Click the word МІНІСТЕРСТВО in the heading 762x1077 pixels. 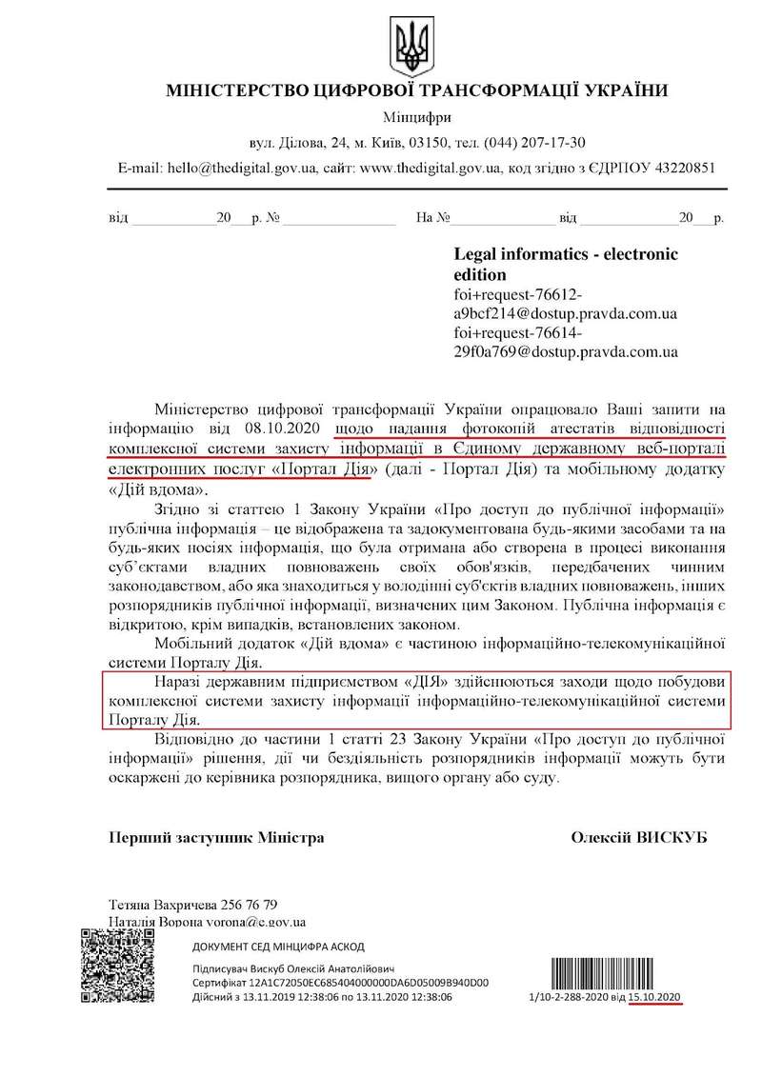coord(231,92)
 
